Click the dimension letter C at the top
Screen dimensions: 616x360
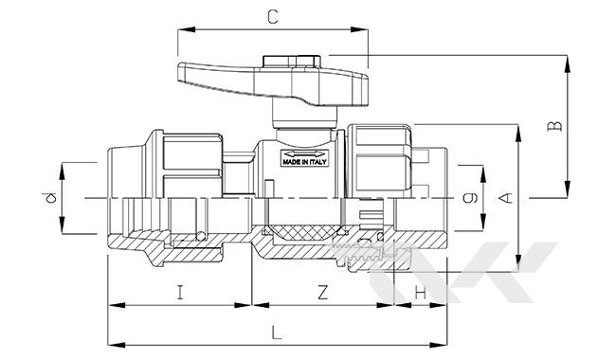click(x=273, y=17)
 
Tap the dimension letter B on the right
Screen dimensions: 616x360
click(x=555, y=126)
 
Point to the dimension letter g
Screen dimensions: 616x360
click(x=470, y=197)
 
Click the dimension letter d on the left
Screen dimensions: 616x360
click(x=50, y=197)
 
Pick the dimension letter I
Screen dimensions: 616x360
click(x=180, y=293)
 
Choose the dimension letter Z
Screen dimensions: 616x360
click(x=322, y=293)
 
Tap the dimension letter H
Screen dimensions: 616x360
click(x=421, y=293)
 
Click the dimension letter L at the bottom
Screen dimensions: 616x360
click(x=277, y=333)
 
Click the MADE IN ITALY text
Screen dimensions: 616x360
click(x=304, y=162)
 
